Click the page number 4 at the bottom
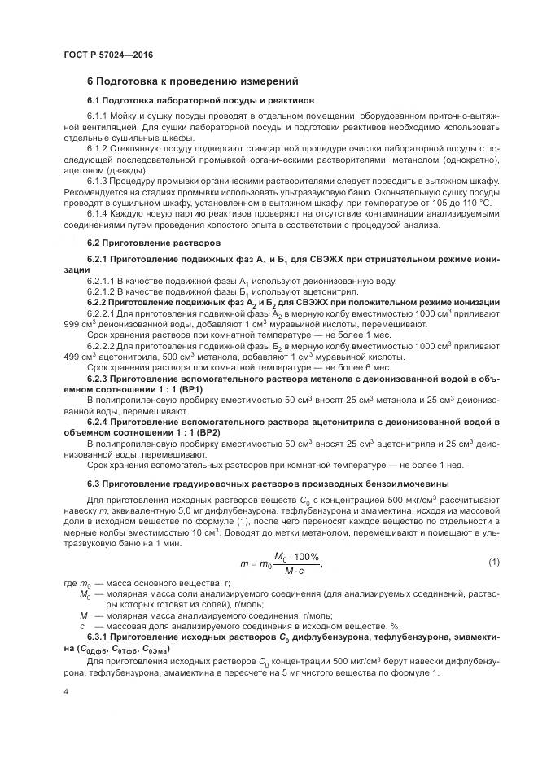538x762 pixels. pos(66,690)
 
